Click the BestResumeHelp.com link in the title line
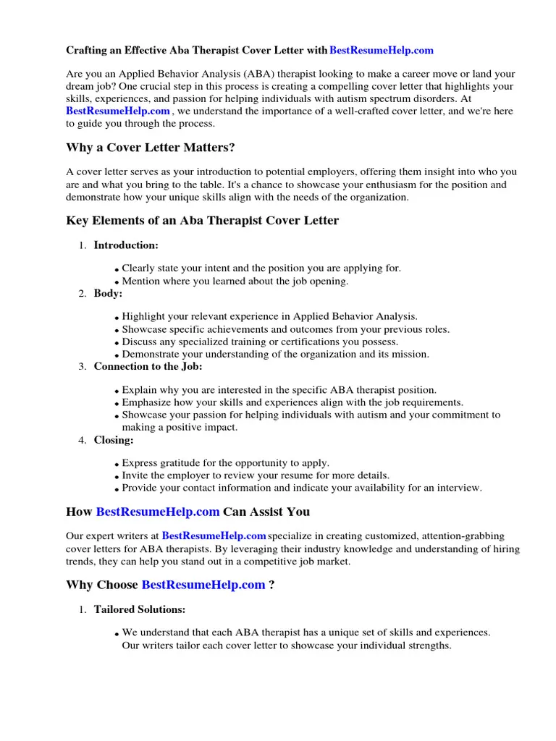coord(382,51)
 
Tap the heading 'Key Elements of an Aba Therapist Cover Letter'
coord(202,221)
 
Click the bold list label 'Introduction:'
coord(126,245)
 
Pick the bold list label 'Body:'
coord(108,293)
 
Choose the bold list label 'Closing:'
coord(114,439)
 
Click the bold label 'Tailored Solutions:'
coord(140,609)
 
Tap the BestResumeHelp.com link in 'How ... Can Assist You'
coord(158,512)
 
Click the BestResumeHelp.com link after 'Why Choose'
coord(203,585)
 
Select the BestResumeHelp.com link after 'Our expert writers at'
coord(214,536)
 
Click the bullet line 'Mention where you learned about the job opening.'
coord(235,281)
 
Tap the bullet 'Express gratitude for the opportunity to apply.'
coord(225,463)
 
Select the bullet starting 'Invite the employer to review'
coord(256,475)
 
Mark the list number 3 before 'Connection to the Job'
coord(82,367)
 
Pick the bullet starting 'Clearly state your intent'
coord(261,268)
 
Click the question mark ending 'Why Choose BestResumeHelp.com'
coord(271,585)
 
